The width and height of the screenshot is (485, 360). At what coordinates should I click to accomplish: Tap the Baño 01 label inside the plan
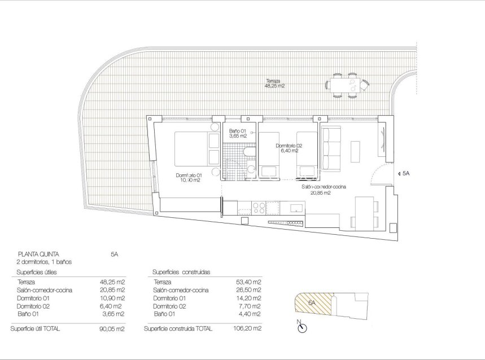[x=238, y=133]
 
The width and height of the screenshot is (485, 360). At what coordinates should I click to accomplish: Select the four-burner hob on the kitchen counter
[x=257, y=208]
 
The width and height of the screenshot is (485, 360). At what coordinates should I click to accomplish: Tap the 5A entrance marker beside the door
[x=405, y=174]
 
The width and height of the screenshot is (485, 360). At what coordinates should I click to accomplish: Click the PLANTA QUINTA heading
[x=38, y=254]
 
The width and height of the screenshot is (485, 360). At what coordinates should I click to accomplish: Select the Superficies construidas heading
[x=181, y=272]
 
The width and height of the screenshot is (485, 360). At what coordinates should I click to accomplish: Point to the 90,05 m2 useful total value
[x=112, y=328]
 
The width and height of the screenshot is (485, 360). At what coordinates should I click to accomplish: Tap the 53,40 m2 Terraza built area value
[x=249, y=282]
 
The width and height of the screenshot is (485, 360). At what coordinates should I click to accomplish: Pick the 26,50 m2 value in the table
[x=249, y=290]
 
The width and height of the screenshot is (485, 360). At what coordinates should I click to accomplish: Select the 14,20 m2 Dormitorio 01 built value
[x=249, y=298]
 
